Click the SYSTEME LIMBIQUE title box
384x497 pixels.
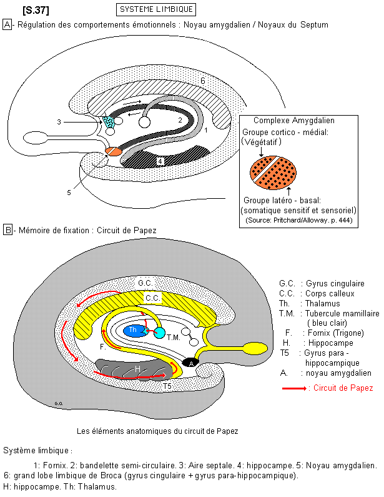coord(155,9)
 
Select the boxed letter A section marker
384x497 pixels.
coord(7,24)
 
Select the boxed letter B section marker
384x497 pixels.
coord(7,230)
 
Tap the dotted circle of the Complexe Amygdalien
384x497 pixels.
coord(272,170)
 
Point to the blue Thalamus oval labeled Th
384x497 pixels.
coord(133,329)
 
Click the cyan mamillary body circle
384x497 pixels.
coord(159,333)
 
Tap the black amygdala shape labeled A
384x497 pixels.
coord(190,362)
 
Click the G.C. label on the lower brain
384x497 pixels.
coord(145,283)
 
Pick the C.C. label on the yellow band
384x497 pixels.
coord(151,298)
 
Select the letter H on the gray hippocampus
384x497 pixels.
coord(137,369)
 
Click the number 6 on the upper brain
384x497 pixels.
coord(203,81)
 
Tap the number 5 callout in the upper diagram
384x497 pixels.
coord(69,193)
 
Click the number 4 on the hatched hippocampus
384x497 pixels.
coord(160,161)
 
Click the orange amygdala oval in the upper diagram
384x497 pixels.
coord(114,151)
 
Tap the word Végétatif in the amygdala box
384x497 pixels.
coord(263,143)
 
